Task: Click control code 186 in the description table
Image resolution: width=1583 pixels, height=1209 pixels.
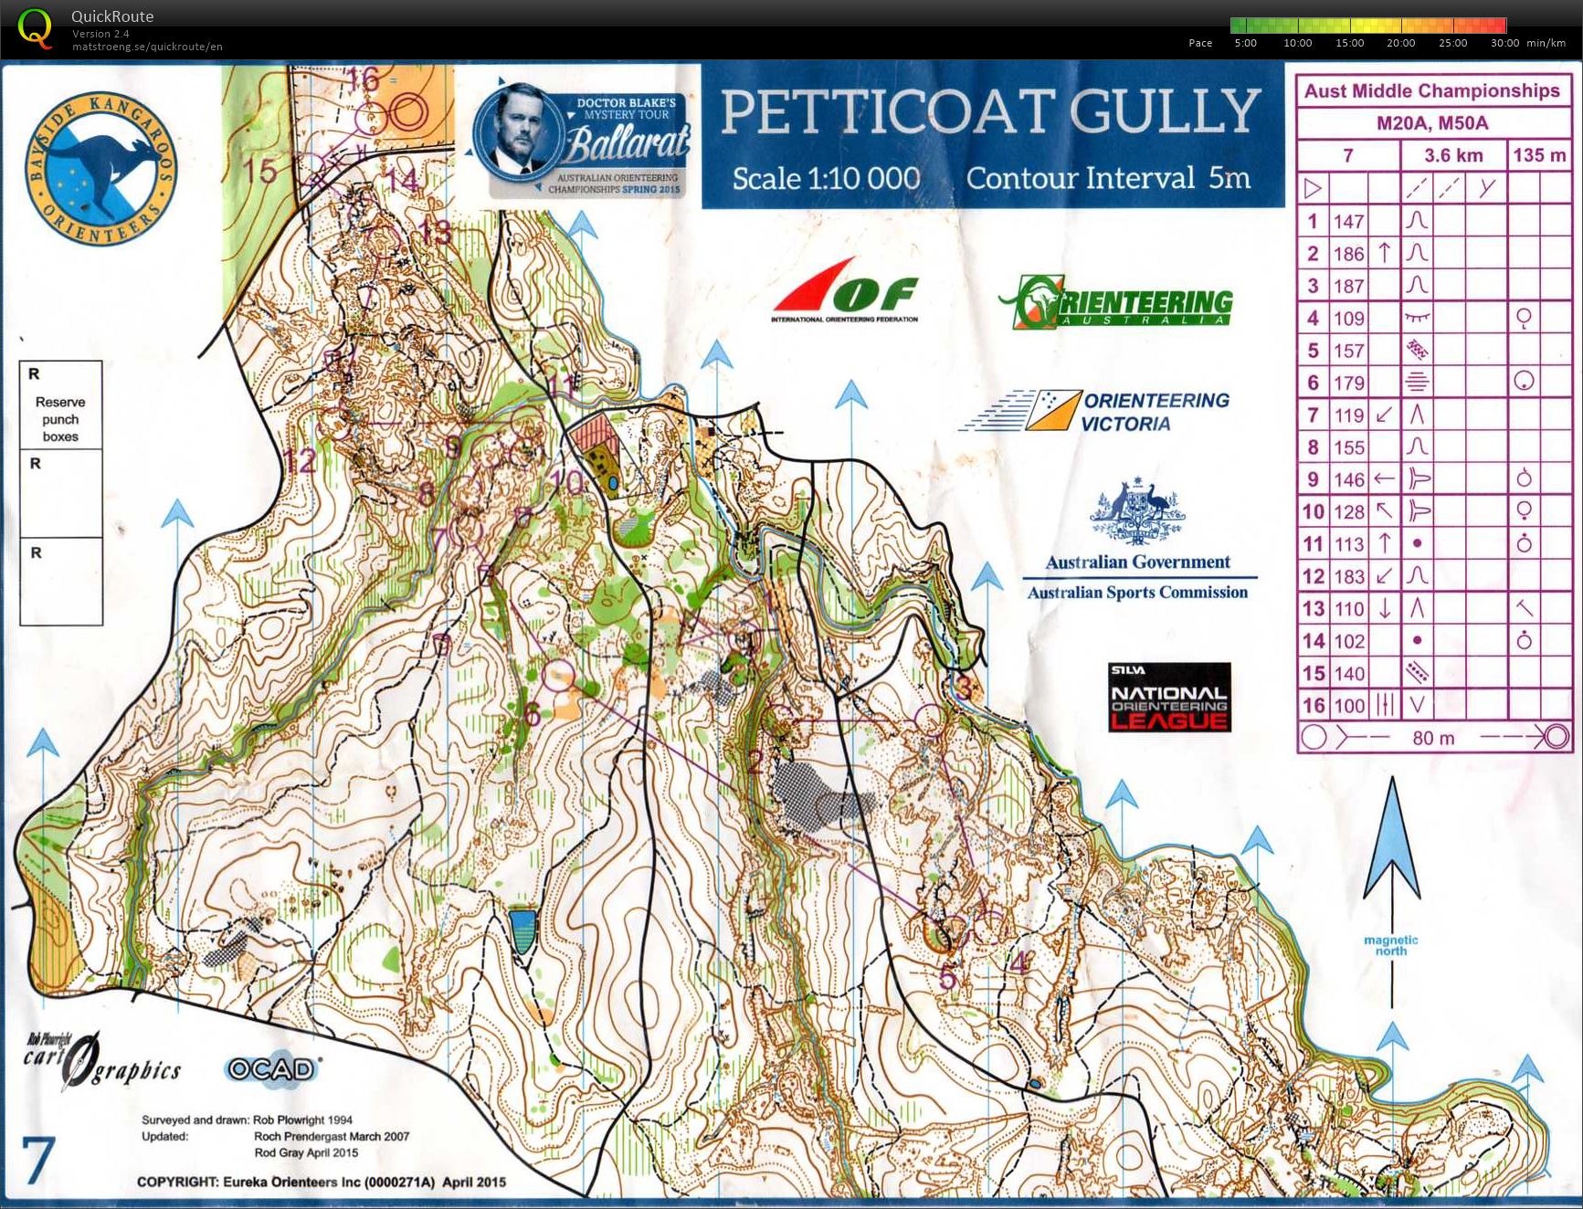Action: (x=1348, y=254)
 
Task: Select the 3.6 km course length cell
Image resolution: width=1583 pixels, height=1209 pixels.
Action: (x=1452, y=155)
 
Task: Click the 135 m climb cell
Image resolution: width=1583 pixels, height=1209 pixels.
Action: (x=1539, y=155)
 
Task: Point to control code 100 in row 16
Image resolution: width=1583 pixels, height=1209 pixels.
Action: (x=1348, y=705)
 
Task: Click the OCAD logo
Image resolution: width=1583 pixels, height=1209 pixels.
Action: (x=271, y=1068)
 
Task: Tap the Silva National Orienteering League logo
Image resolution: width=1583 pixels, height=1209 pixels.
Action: (x=1169, y=699)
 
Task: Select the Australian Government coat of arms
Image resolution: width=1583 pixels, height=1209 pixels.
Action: (x=1137, y=511)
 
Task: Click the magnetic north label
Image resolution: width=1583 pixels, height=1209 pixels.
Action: (x=1391, y=945)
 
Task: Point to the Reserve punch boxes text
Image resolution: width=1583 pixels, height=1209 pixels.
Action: (x=60, y=419)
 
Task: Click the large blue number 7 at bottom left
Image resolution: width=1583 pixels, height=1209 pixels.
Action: (x=38, y=1162)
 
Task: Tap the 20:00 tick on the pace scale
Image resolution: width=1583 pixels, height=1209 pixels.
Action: (x=1400, y=43)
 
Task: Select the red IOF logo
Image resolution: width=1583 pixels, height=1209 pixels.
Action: (x=845, y=290)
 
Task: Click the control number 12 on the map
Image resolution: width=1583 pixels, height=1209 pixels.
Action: (x=299, y=461)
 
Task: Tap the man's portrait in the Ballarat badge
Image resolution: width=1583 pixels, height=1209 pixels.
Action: (x=513, y=132)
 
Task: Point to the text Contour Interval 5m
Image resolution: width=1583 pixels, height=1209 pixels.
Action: (x=1108, y=178)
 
